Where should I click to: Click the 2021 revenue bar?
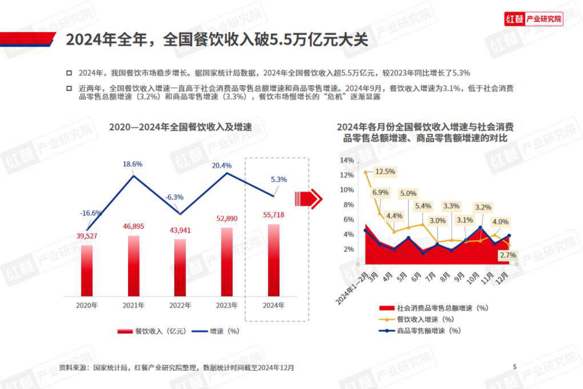tap(134, 265)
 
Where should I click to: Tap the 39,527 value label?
tap(87, 236)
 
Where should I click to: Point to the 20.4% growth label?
tap(222, 165)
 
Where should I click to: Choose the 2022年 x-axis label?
tap(180, 305)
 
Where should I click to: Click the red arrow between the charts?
tap(308, 199)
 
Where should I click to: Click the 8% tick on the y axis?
tap(348, 205)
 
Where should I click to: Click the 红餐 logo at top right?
tap(533, 19)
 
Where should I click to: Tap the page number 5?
tap(515, 367)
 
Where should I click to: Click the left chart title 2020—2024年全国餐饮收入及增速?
tap(181, 127)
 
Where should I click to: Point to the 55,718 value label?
tap(273, 215)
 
